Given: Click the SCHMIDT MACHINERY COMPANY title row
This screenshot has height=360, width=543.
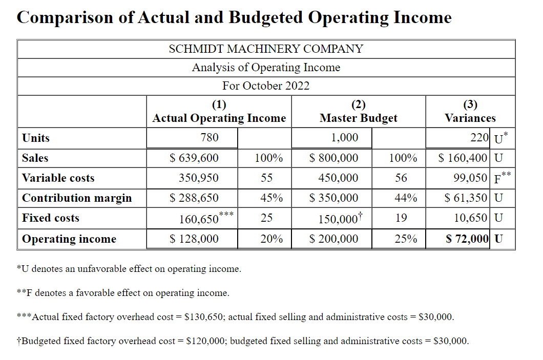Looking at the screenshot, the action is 266,49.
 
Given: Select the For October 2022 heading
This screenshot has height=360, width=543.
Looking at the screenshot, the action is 266,86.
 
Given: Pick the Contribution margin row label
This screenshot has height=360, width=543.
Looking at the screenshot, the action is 77,198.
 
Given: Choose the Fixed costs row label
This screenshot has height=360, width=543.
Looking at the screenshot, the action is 51,218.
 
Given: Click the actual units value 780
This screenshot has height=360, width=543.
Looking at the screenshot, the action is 210,137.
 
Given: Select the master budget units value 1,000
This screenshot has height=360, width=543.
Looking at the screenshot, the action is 345,137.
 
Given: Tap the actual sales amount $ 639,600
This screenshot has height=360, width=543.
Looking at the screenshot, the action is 194,158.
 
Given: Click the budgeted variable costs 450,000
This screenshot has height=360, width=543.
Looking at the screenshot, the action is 338,178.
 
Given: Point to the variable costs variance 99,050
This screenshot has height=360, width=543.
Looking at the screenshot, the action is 470,178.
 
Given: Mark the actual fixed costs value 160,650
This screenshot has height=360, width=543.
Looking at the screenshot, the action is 199,219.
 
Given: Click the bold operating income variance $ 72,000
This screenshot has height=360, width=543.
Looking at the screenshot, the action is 467,239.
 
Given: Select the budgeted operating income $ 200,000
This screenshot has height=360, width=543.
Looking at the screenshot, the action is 333,239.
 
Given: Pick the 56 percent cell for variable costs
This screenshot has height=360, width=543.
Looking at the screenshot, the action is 401,178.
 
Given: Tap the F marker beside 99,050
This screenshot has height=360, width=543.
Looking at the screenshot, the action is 497,179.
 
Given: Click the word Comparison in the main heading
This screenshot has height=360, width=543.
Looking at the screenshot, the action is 65,17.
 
